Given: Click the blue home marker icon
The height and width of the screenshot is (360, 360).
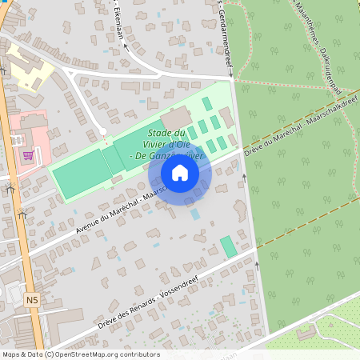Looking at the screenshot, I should coord(180,173).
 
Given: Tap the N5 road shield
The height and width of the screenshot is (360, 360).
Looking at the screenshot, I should coord(31,300).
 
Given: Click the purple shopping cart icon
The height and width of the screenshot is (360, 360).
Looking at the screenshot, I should coord(29,155).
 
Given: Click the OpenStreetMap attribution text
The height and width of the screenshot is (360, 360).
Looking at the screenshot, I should coord(80,354).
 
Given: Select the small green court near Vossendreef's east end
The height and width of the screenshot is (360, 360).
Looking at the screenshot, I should coord(229,246).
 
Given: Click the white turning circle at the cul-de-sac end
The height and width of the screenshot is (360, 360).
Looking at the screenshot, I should coord(102,130).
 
